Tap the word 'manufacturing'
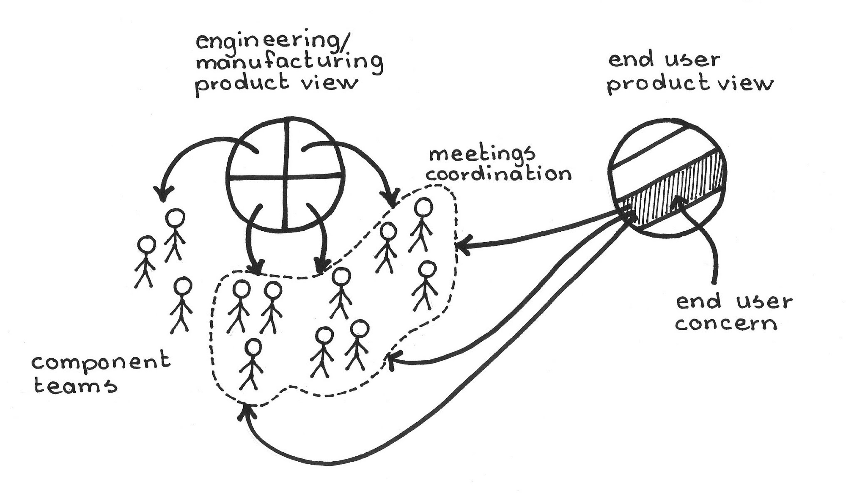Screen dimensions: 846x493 coord(289,62)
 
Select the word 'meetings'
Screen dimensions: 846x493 coord(482,154)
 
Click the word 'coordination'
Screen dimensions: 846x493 coord(499,173)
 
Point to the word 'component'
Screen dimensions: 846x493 coord(101,363)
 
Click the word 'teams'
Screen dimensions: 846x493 coord(75,385)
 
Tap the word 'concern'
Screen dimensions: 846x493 coord(726,323)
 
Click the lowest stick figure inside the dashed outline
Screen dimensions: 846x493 coord(252,364)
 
